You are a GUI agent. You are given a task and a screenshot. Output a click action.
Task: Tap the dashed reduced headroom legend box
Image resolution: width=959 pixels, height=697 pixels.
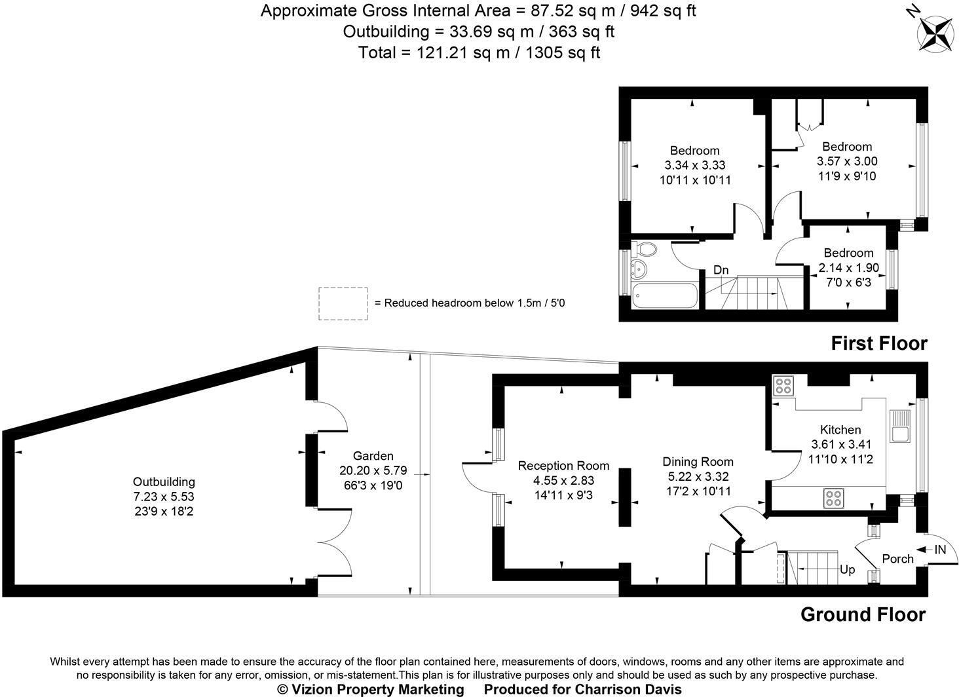tap(343, 304)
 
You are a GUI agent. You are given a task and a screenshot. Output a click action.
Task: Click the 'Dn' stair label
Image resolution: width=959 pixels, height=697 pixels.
tap(721, 270)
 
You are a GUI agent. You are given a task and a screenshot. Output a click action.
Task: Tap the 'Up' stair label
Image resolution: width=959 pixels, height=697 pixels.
tap(847, 570)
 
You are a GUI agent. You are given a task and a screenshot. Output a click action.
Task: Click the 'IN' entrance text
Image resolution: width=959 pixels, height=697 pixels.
tap(940, 550)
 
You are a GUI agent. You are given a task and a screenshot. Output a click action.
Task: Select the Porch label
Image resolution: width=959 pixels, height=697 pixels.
tap(897, 559)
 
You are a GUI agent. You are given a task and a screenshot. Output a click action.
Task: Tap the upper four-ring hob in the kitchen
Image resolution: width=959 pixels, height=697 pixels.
tap(783, 386)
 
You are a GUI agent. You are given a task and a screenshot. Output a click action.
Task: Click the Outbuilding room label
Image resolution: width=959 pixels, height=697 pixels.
tap(164, 482)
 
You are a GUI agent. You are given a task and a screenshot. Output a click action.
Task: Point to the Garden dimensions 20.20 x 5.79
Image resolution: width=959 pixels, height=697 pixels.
tap(373, 470)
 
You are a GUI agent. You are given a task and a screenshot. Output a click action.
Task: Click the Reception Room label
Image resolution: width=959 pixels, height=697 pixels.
tap(563, 466)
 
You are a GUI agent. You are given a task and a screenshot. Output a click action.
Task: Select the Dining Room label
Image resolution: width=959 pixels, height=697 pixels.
tap(698, 462)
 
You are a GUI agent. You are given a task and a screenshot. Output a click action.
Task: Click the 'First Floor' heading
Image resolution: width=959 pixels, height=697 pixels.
tap(879, 343)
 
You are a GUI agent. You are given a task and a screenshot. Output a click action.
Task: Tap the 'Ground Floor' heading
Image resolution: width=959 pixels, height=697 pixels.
tap(863, 614)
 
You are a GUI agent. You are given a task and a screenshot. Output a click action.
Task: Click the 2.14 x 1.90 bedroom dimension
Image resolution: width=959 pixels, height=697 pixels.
tap(848, 268)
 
